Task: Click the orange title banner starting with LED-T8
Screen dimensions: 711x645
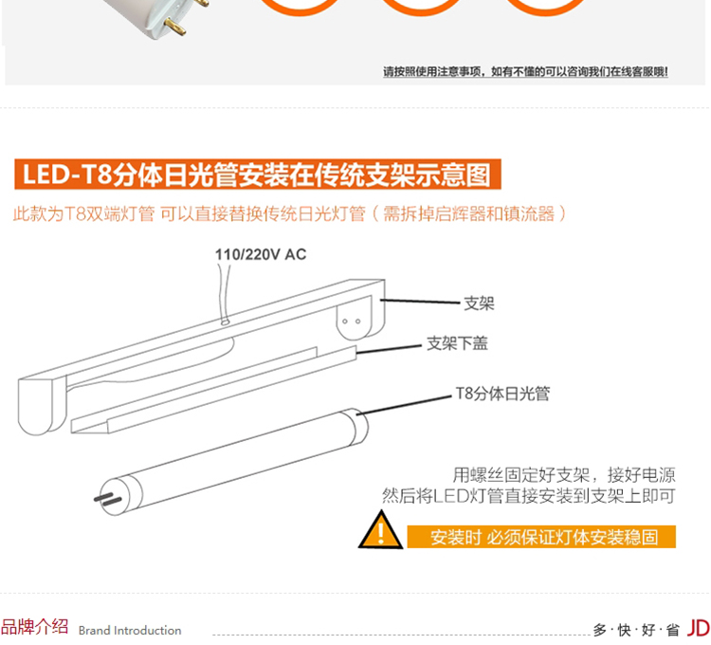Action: (x=258, y=174)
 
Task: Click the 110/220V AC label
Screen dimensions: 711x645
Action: (x=261, y=254)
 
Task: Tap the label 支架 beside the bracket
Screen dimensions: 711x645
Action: (x=479, y=303)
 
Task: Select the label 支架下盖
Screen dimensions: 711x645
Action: (x=457, y=343)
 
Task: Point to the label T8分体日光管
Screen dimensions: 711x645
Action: (x=502, y=394)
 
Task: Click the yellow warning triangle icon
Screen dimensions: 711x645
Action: (x=380, y=530)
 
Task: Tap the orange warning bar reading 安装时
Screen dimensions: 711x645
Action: (x=541, y=537)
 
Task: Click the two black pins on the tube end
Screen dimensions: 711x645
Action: (x=108, y=499)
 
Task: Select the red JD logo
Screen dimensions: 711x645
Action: (x=699, y=628)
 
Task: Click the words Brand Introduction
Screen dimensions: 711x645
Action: (x=130, y=630)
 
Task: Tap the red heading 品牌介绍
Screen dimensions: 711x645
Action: (x=34, y=627)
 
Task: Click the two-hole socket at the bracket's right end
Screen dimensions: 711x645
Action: (x=352, y=322)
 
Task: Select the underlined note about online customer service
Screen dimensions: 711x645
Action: (x=525, y=72)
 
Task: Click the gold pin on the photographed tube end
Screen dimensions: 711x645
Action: (x=175, y=27)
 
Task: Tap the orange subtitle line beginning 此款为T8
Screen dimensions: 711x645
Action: (x=289, y=213)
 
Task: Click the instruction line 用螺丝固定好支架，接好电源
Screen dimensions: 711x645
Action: (x=564, y=475)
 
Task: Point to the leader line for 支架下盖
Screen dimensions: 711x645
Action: (x=389, y=349)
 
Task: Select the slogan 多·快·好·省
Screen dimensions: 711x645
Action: (x=636, y=630)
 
